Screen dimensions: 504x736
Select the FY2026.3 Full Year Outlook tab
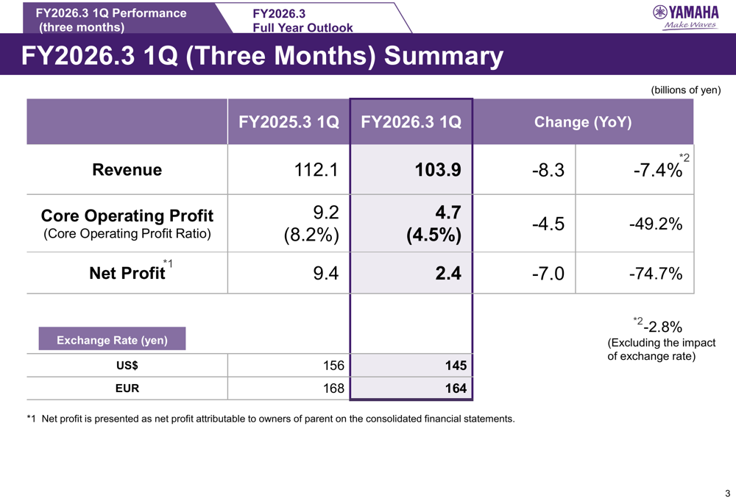[302, 21]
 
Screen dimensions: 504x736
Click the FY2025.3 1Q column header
[289, 122]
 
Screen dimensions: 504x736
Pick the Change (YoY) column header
[582, 122]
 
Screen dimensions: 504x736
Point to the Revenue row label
[127, 170]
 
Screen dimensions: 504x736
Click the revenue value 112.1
[316, 171]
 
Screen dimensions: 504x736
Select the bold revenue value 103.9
[438, 171]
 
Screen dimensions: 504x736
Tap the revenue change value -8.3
[548, 171]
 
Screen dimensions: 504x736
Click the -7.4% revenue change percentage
[657, 171]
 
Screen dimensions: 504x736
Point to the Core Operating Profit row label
[127, 216]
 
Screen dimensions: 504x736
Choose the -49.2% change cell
[656, 224]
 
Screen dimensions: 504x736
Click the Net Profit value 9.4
[325, 274]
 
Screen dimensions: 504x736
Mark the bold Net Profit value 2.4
[447, 274]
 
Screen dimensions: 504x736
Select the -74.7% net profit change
[656, 274]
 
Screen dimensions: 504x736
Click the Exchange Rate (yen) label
[112, 340]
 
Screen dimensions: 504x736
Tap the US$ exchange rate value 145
[456, 366]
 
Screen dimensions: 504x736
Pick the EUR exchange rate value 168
[333, 388]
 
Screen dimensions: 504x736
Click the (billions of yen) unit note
[685, 90]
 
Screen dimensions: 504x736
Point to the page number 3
[727, 493]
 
